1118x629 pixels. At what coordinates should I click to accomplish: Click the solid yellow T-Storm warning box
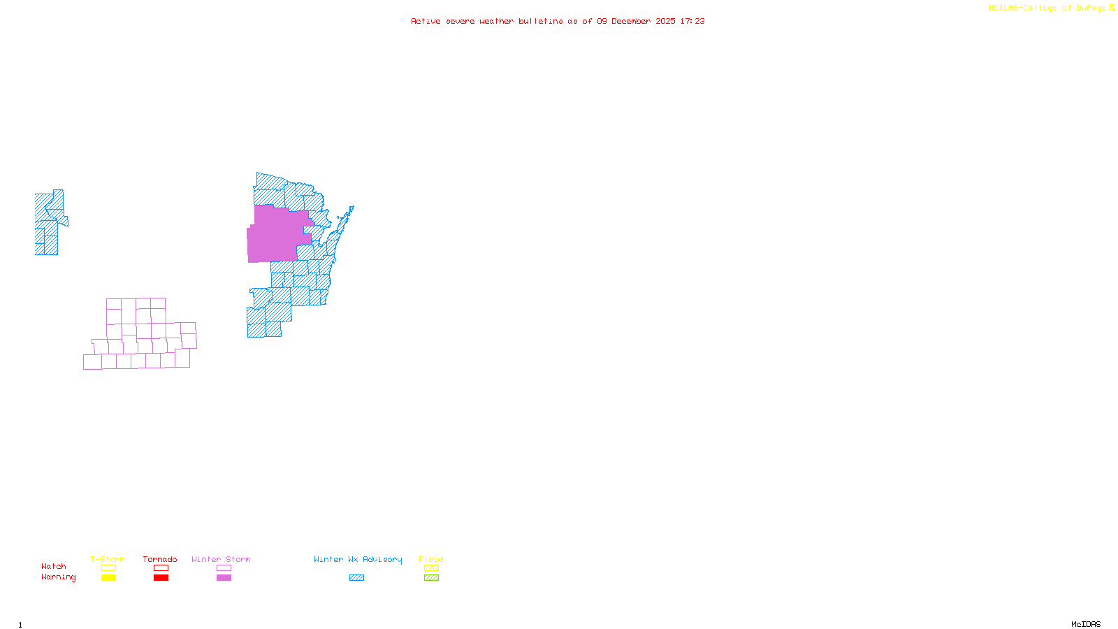click(x=108, y=578)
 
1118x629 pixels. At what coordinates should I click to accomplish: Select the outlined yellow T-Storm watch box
click(x=108, y=568)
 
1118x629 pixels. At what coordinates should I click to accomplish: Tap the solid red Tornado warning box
click(x=161, y=578)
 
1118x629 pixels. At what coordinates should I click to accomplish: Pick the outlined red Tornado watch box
click(x=161, y=568)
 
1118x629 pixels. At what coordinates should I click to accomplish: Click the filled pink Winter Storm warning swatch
click(x=224, y=578)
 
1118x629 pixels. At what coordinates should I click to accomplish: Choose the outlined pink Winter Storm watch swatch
click(x=224, y=568)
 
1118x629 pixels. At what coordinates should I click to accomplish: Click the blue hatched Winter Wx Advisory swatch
click(x=356, y=578)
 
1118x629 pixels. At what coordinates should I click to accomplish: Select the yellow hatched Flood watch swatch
click(x=431, y=568)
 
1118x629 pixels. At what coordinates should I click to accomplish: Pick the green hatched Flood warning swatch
click(x=431, y=578)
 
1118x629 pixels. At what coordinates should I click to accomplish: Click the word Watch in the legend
click(x=54, y=567)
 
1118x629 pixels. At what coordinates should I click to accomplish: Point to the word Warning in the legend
click(x=58, y=577)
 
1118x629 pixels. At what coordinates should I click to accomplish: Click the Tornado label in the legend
click(x=160, y=559)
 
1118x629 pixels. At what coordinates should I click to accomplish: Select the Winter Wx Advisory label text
click(x=358, y=559)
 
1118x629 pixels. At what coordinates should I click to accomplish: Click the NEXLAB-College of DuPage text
click(x=1047, y=8)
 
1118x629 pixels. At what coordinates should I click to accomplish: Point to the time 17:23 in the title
click(x=692, y=22)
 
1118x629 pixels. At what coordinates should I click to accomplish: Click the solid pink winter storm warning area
click(x=276, y=234)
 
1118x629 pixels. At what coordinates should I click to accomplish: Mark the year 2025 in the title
click(x=665, y=22)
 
